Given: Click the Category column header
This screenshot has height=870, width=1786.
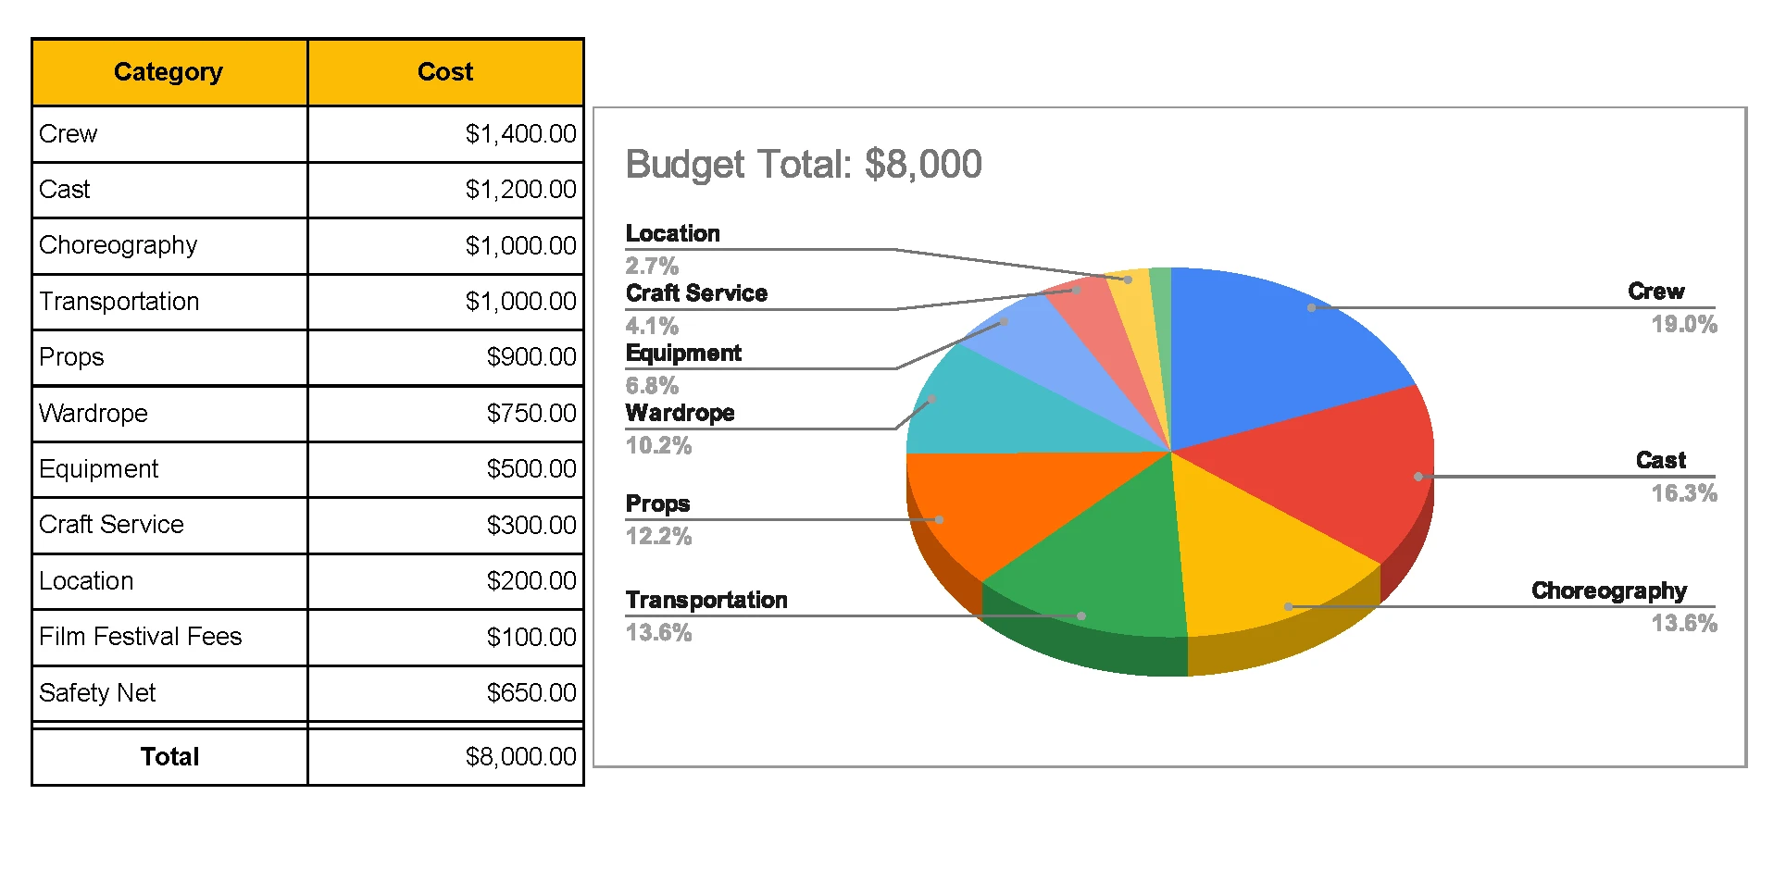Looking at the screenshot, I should coord(169,72).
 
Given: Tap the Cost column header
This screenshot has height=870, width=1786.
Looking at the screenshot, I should coord(445,72).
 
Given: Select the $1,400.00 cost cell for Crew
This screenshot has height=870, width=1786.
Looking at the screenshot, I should coord(520,134).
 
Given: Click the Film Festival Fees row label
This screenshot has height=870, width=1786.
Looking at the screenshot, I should coord(140,637).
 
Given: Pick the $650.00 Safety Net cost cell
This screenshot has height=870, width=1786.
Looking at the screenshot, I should coord(531,692).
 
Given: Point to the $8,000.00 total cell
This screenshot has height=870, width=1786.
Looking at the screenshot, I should coord(520,757).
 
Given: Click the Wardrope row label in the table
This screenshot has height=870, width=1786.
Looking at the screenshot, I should coord(94,413).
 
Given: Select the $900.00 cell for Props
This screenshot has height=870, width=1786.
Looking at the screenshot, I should coord(531,357).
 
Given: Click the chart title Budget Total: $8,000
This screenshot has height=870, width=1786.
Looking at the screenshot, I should coord(804,165).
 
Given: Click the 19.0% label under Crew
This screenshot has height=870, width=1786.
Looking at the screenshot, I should coord(1683,324).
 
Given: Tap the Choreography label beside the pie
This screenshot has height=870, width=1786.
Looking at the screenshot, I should coord(1608,590).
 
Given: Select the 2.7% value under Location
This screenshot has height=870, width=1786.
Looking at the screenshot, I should coord(652,267).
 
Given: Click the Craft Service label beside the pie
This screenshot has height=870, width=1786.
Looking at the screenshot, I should coord(696,293).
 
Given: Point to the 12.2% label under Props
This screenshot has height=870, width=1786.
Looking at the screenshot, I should coord(658,537).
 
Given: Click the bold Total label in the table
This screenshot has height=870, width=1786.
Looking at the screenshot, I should coord(169,757).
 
